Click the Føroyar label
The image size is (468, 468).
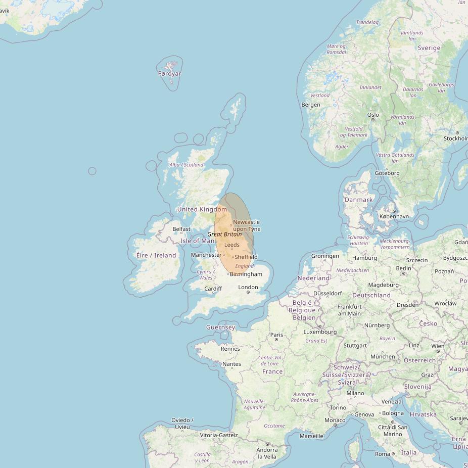[169, 74]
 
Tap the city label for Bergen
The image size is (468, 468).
[311, 105]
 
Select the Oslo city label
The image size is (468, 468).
[373, 115]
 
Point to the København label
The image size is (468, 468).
[394, 216]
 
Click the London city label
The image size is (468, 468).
[248, 288]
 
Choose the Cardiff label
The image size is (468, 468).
[213, 289]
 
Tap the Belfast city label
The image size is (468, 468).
[181, 229]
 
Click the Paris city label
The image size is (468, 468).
[276, 335]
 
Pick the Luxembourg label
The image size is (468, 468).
[320, 332]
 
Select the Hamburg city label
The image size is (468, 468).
[364, 258]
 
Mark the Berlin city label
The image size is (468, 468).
[404, 268]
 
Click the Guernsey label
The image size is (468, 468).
[220, 327]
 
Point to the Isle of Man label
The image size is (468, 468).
[198, 241]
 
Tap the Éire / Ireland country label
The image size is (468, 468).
[156, 255]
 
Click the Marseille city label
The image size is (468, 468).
[311, 436]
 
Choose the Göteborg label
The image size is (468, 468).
[387, 173]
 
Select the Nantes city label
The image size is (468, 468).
[231, 364]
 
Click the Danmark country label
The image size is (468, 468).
[358, 200]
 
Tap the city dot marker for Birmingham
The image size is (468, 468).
[228, 274]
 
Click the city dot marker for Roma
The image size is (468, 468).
[393, 454]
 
